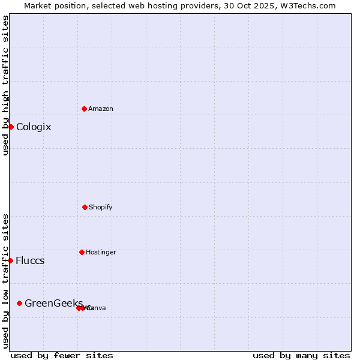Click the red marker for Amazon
(x=84, y=109)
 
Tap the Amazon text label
(x=101, y=109)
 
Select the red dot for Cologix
(x=11, y=127)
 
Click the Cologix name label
(x=34, y=127)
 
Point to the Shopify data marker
(x=85, y=207)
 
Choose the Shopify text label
(x=101, y=208)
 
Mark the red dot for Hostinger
(x=82, y=252)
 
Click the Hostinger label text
(x=101, y=253)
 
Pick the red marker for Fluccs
(x=11, y=260)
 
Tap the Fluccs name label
(x=30, y=261)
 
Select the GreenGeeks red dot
(x=20, y=303)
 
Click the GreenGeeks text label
(x=53, y=304)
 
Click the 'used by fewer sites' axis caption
(x=62, y=355)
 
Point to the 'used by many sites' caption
(x=301, y=355)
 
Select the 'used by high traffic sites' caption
(x=6, y=85)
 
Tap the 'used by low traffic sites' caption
(x=6, y=281)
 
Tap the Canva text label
(x=97, y=308)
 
